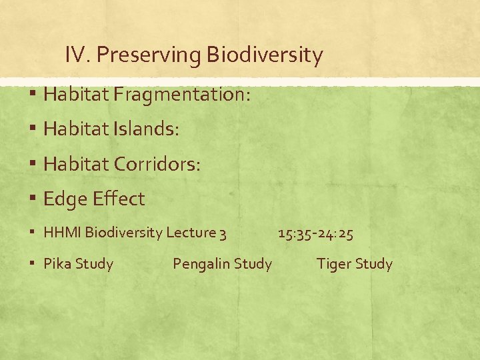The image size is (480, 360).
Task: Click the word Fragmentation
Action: (182, 95)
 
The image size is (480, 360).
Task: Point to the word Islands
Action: (146, 129)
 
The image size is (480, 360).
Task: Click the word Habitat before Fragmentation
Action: (76, 95)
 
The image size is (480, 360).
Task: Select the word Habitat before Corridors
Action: (76, 164)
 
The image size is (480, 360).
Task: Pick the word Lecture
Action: (191, 233)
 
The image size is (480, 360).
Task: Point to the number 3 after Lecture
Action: (223, 233)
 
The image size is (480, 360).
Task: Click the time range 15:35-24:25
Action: (315, 233)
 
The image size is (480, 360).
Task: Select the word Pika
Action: (57, 264)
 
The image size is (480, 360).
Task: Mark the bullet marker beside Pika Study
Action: (33, 265)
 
